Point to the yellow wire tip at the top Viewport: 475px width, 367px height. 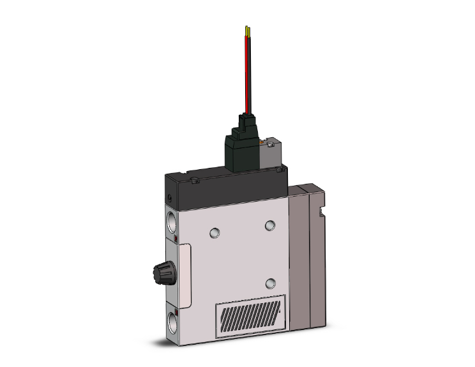(246, 29)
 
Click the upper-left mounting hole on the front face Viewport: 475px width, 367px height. (215, 232)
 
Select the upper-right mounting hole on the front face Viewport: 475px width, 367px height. (270, 225)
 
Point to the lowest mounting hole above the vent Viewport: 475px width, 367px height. (270, 283)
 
